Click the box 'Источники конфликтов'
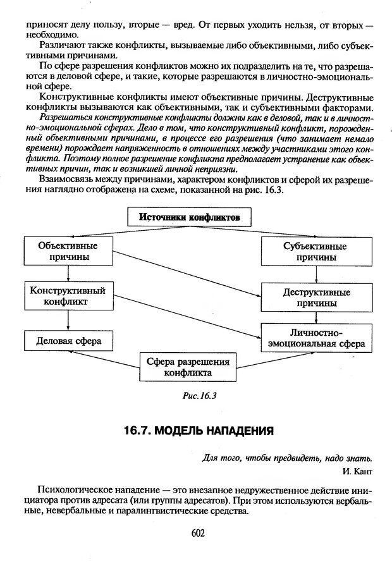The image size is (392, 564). click(190, 217)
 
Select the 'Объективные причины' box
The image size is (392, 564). click(68, 251)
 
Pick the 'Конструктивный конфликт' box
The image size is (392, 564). click(68, 295)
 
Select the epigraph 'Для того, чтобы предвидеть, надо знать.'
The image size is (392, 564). click(288, 458)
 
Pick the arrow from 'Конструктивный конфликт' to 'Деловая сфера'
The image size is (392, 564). click(68, 320)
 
